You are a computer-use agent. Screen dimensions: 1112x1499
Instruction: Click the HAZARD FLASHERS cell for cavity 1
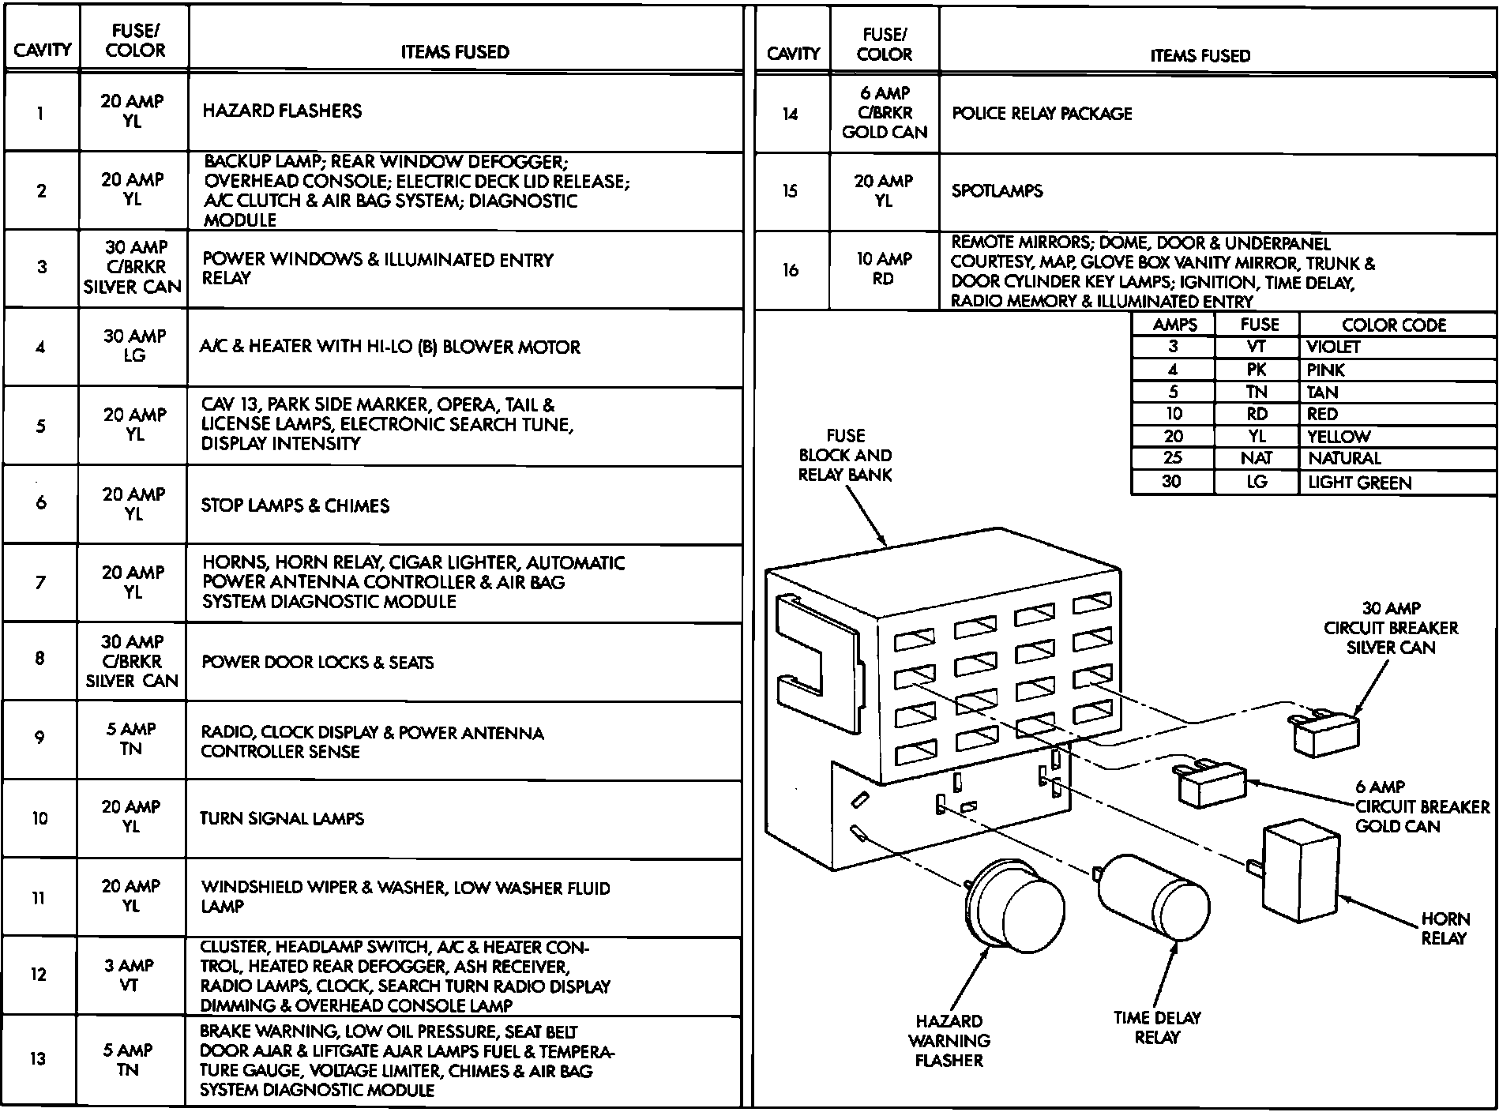282,111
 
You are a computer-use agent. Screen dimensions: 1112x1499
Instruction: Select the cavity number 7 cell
40,582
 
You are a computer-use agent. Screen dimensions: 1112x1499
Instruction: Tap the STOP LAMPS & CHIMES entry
295,505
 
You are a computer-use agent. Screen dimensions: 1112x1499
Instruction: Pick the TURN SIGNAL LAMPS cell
282,818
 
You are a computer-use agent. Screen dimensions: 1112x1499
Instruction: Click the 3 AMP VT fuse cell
130,975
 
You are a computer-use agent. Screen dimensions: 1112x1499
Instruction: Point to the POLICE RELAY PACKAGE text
1042,114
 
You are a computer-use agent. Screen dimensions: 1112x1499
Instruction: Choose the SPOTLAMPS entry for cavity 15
997,191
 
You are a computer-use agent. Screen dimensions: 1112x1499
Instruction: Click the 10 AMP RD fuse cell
884,269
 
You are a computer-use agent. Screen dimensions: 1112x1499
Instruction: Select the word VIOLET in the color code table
1333,347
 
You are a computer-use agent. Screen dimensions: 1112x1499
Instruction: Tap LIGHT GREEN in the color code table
1359,483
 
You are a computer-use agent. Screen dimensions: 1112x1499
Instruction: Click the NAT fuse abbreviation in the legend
1256,458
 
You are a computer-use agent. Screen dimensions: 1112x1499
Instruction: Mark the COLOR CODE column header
1394,325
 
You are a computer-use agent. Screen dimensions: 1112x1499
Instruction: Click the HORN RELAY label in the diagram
1445,929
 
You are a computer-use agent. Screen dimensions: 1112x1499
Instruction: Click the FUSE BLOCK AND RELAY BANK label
845,455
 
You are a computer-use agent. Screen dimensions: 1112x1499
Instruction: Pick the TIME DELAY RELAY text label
1157,1027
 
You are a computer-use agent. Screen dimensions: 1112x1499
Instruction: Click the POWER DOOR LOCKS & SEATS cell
317,662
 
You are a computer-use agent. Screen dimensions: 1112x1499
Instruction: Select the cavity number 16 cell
791,270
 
